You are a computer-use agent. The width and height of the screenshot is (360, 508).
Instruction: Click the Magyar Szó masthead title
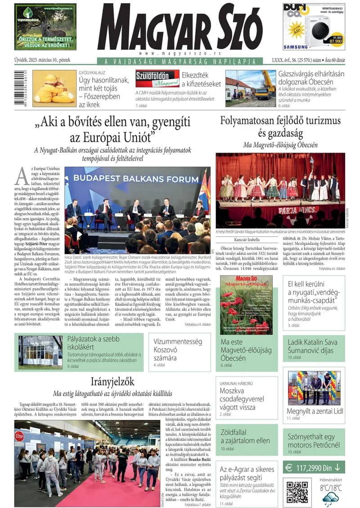180,28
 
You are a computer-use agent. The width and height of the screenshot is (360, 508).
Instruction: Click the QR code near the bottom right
297,492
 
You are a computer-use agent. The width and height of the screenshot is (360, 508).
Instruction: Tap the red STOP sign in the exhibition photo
19,436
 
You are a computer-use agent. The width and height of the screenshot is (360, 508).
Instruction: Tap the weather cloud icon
331,498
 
